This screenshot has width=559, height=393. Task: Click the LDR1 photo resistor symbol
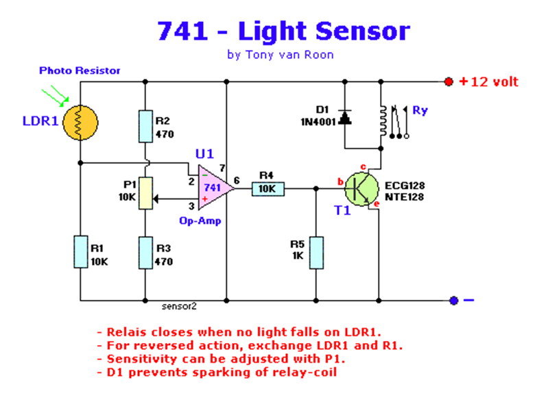(x=80, y=121)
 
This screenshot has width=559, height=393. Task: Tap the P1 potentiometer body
(x=145, y=194)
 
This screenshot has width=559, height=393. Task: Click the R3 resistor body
(x=145, y=253)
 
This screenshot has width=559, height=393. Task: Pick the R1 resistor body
(x=80, y=251)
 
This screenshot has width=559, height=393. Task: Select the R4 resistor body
(x=268, y=188)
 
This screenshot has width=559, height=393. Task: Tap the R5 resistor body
(x=316, y=253)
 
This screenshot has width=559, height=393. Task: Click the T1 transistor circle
(x=361, y=188)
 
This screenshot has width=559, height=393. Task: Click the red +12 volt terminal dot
(x=449, y=82)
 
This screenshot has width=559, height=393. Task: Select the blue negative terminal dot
(x=453, y=300)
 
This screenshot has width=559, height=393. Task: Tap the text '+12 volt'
(x=489, y=82)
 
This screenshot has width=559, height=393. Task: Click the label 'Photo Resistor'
(x=80, y=71)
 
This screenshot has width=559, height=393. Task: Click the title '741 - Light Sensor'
(x=283, y=31)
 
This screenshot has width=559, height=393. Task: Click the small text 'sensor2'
(x=180, y=307)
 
